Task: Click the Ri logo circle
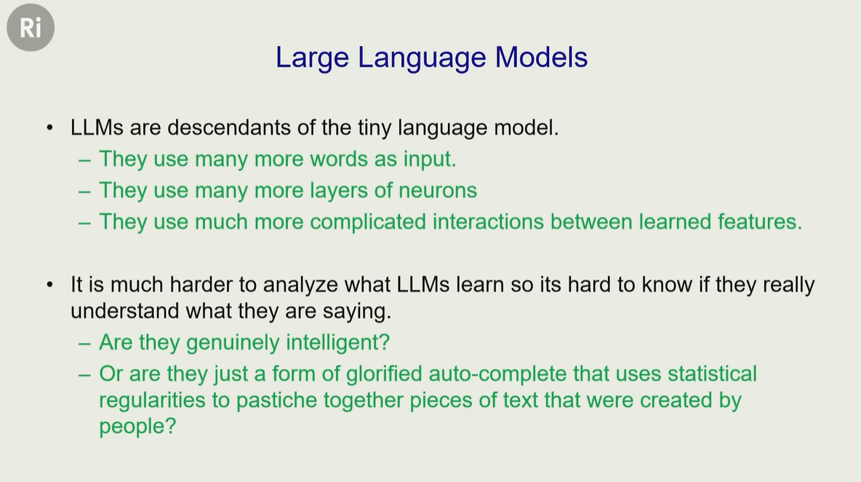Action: pos(31,28)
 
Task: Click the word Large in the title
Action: pos(312,58)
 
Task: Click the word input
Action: pos(430,159)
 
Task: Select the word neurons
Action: pos(438,191)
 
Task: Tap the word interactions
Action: pos(488,222)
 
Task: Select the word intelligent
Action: pos(337,343)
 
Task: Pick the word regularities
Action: pos(152,400)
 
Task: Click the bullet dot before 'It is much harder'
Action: pos(50,285)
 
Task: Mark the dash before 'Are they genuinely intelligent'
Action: pos(84,344)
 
